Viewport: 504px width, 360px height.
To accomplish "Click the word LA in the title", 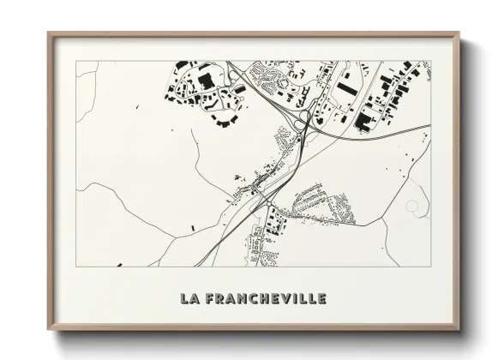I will pyautogui.click(x=189, y=299).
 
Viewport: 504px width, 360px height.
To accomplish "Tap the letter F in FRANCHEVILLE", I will pyautogui.click(x=211, y=299).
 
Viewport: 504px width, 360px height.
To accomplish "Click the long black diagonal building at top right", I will pyautogui.click(x=345, y=87).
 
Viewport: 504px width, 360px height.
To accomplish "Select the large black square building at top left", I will pyautogui.click(x=205, y=81).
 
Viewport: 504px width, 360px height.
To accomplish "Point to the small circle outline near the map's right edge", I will pyautogui.click(x=413, y=207).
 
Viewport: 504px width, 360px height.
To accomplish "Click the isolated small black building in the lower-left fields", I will pyautogui.click(x=193, y=228).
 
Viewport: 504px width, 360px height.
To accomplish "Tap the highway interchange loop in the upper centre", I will pyautogui.click(x=301, y=125).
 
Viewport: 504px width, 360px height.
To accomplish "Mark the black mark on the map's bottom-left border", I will pyautogui.click(x=117, y=265).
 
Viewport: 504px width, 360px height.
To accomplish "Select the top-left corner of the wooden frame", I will pyautogui.click(x=49, y=34).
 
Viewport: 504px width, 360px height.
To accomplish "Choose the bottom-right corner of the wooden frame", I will pyautogui.click(x=459, y=328).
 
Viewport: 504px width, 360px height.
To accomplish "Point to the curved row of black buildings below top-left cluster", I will pyautogui.click(x=225, y=123).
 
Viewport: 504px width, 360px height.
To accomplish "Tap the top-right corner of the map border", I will pyautogui.click(x=430, y=61).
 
